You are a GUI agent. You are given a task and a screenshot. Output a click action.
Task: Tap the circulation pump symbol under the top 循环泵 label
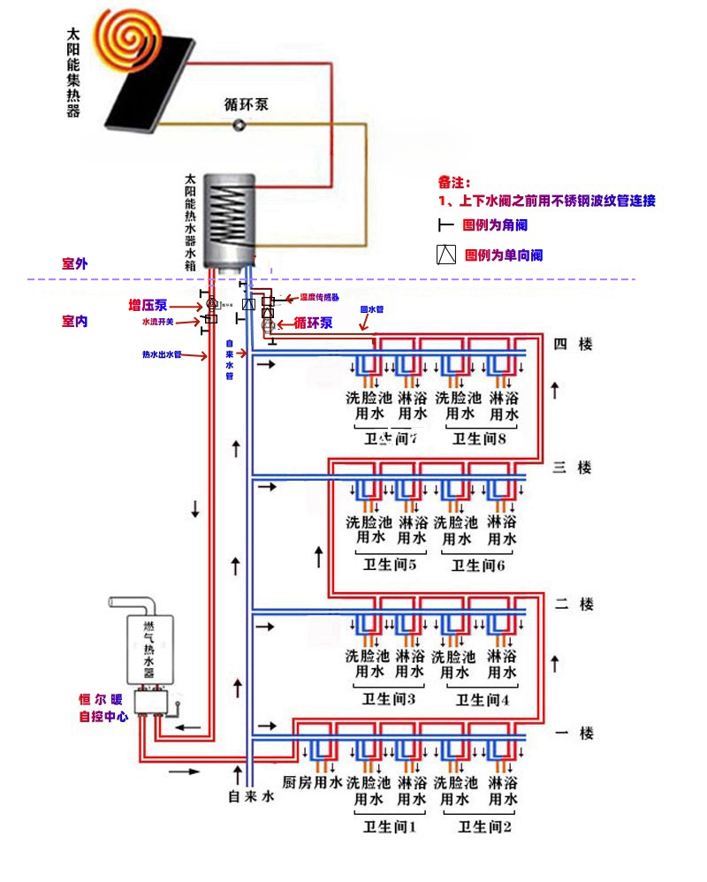tap(239, 125)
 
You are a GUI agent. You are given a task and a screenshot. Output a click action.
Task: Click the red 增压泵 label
tap(148, 306)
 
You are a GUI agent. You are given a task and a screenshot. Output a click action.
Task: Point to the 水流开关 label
tap(158, 323)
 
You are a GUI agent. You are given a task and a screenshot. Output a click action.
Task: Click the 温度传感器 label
tap(319, 298)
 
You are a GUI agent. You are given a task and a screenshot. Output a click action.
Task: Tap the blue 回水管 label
tap(372, 310)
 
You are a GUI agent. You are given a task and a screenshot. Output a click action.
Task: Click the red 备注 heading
tap(455, 182)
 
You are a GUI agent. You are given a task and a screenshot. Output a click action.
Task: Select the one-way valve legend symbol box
tap(446, 255)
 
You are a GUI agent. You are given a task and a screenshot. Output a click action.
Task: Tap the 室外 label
tap(75, 263)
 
